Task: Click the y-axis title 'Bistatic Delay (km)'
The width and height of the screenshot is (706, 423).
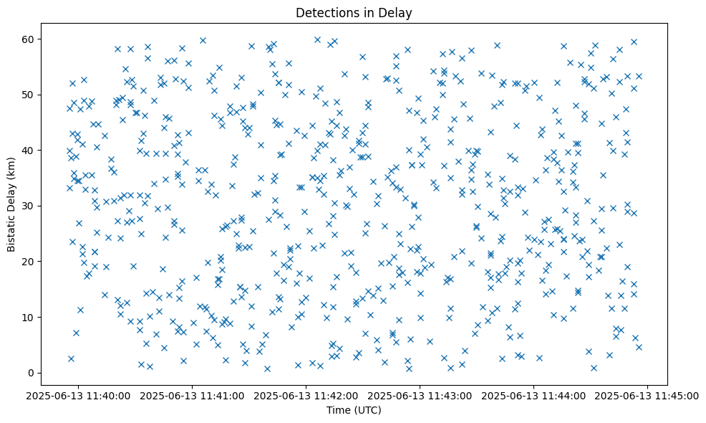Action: pyautogui.click(x=11, y=206)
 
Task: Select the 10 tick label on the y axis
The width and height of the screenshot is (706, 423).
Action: pyautogui.click(x=31, y=317)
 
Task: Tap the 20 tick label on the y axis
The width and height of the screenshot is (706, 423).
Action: pyautogui.click(x=31, y=262)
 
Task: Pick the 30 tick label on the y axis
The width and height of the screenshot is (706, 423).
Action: pyautogui.click(x=31, y=206)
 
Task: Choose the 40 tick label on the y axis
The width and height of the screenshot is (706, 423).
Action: pyautogui.click(x=31, y=151)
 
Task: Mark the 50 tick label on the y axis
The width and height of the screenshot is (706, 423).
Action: pyautogui.click(x=31, y=95)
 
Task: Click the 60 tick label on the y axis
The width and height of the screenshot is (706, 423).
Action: pyautogui.click(x=31, y=39)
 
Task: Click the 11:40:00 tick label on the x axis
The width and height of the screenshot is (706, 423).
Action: pyautogui.click(x=79, y=394)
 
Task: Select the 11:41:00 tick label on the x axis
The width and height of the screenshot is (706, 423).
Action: pyautogui.click(x=193, y=394)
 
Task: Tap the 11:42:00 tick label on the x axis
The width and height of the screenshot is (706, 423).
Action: pyautogui.click(x=306, y=394)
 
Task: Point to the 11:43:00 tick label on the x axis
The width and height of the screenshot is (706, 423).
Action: pyautogui.click(x=420, y=394)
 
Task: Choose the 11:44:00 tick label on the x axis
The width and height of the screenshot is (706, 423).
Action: pyautogui.click(x=534, y=394)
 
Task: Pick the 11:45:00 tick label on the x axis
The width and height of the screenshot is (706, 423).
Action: pyautogui.click(x=648, y=394)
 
